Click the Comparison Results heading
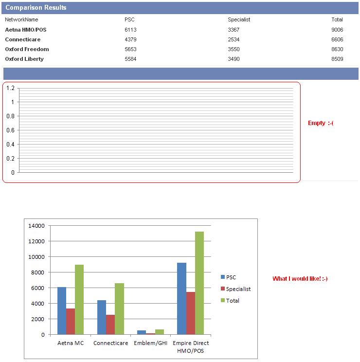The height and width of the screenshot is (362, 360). point(36,8)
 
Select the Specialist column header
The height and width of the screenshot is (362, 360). point(239,20)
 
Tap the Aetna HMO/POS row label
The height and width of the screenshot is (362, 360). point(26,30)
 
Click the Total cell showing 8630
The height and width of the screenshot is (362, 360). point(337,49)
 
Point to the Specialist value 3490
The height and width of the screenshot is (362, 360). point(234,59)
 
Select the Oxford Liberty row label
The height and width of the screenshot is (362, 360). point(24,59)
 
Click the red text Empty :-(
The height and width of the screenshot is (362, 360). point(321,123)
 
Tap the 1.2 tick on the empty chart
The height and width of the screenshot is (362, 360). point(11,88)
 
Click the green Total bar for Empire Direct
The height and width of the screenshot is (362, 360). point(199,283)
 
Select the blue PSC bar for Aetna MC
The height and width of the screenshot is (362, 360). point(62,310)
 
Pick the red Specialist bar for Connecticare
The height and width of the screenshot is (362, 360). point(110,325)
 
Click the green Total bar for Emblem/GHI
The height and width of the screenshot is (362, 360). point(160,332)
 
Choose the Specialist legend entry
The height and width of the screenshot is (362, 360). point(238,289)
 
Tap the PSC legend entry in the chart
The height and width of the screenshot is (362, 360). point(231,277)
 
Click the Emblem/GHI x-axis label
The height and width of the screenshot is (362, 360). point(150,343)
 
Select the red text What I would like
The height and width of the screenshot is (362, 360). point(300,279)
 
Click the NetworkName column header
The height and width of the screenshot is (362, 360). point(21,20)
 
